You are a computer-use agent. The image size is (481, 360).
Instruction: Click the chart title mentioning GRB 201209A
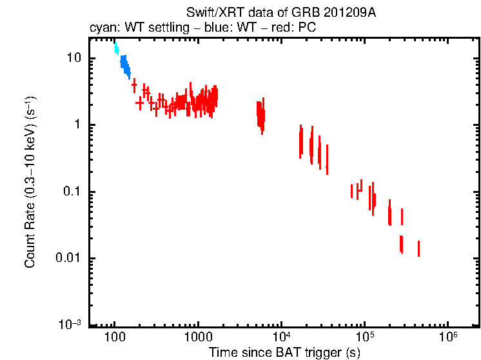[x=280, y=13]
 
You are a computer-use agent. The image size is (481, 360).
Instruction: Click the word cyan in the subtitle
[x=101, y=28]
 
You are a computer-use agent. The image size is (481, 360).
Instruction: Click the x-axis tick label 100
[x=114, y=338]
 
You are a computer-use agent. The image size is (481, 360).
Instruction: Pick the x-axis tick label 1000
[x=197, y=338]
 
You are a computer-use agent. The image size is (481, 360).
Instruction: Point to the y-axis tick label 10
[x=74, y=58]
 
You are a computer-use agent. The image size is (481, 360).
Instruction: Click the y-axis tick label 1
[x=78, y=125]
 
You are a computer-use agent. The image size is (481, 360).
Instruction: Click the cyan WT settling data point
[x=117, y=48]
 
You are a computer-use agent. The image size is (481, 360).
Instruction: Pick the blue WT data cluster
[x=125, y=65]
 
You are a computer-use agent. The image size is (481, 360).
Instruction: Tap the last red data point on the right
[x=419, y=248]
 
